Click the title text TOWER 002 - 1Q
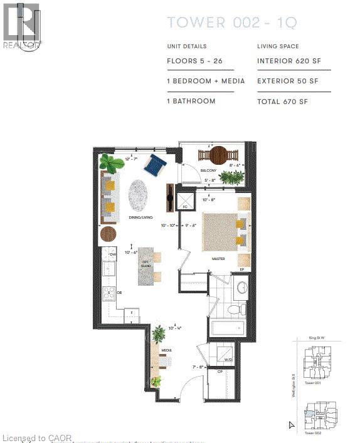click(232, 23)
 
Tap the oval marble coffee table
click(139, 196)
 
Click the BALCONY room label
click(208, 170)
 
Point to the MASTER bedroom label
click(218, 258)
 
